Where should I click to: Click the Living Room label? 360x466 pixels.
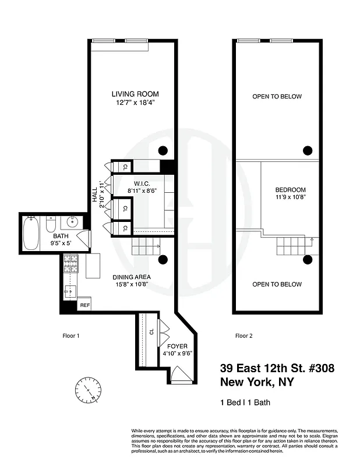point(135,94)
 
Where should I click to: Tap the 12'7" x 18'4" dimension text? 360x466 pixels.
point(135,103)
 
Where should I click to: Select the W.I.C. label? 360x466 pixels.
point(142,183)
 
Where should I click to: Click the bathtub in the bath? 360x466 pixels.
point(32,233)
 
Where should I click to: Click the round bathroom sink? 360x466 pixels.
point(73,223)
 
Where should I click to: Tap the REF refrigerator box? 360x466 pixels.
point(84,305)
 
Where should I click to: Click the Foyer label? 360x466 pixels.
point(177,346)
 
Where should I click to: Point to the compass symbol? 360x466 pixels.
point(88,387)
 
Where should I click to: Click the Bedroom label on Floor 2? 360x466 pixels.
point(290,190)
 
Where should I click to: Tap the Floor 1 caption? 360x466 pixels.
point(70,336)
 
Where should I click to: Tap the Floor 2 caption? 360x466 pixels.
point(243,336)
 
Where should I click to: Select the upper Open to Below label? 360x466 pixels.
point(277,97)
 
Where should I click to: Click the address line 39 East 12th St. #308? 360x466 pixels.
point(277,368)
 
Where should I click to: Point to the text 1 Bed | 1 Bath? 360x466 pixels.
point(245,403)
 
